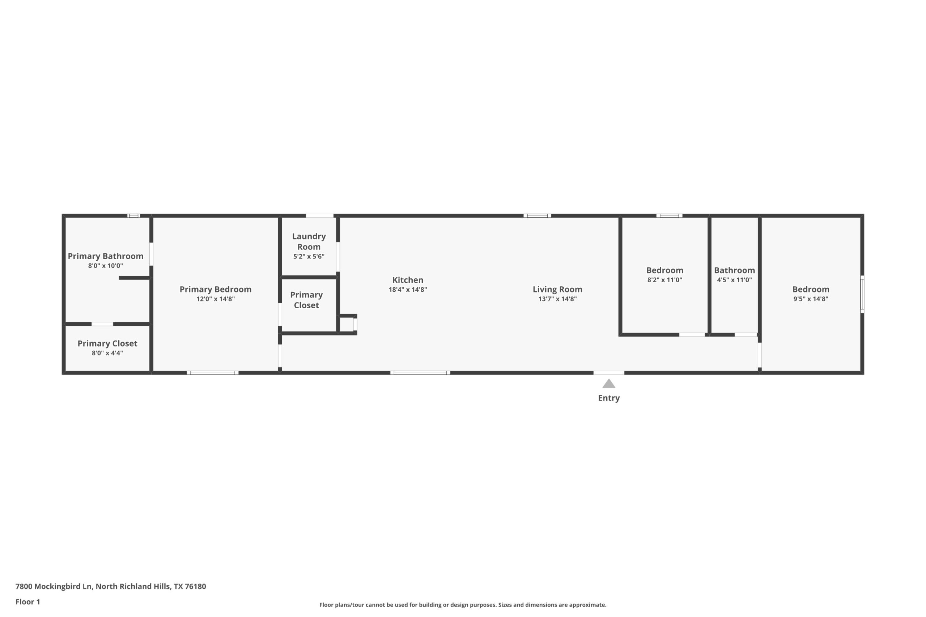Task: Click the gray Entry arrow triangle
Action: (x=609, y=384)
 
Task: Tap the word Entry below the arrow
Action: (x=609, y=398)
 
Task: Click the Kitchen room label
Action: (x=408, y=280)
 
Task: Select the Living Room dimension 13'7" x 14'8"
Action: (x=557, y=299)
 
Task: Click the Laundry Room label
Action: (x=309, y=241)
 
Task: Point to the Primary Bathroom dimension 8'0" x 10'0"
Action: (x=105, y=266)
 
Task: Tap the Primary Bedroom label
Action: (x=215, y=289)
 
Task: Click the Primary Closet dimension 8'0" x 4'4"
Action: (x=107, y=353)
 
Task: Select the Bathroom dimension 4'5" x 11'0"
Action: (x=734, y=280)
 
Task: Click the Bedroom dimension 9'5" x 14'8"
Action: (x=811, y=299)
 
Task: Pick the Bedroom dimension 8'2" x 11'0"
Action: (x=664, y=280)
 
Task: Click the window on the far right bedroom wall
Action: (x=862, y=294)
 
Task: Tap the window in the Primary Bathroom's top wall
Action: (x=133, y=216)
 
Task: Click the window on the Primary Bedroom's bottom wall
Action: (x=213, y=373)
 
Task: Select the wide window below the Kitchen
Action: (x=420, y=373)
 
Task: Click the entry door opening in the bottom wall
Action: (x=609, y=373)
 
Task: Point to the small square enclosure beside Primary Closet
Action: (x=347, y=325)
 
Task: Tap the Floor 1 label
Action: (x=27, y=602)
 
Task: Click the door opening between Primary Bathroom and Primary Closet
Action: (x=102, y=324)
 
